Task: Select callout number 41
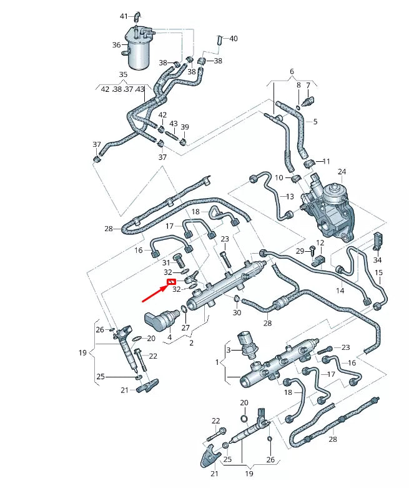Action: [x=123, y=16]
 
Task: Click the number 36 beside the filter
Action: [x=116, y=45]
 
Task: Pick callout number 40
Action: [x=234, y=39]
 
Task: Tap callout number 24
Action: [x=342, y=171]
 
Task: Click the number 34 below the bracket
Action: [x=377, y=260]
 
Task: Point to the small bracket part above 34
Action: [x=377, y=240]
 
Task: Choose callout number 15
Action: [x=378, y=272]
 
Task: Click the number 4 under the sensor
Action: [x=169, y=337]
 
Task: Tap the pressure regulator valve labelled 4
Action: [x=162, y=319]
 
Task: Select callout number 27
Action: [x=185, y=327]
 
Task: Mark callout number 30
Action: [x=237, y=312]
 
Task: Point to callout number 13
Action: [x=289, y=197]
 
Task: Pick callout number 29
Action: [x=299, y=251]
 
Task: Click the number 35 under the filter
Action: [x=123, y=74]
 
